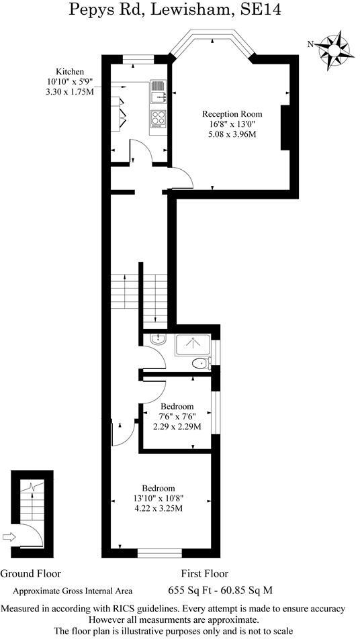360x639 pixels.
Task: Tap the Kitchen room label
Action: click(x=69, y=71)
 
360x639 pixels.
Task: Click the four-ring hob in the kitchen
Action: click(x=159, y=119)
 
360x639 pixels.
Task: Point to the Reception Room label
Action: click(x=232, y=113)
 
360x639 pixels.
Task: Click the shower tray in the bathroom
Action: click(x=193, y=344)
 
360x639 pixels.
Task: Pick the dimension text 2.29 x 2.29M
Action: click(x=177, y=427)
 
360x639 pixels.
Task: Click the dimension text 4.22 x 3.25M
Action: click(x=159, y=508)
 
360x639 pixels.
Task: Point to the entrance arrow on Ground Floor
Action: click(x=9, y=536)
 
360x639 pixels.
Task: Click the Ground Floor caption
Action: click(x=30, y=574)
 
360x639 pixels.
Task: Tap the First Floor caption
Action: click(x=204, y=574)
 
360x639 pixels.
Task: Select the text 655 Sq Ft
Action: click(x=206, y=591)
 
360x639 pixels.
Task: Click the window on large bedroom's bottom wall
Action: click(x=159, y=553)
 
